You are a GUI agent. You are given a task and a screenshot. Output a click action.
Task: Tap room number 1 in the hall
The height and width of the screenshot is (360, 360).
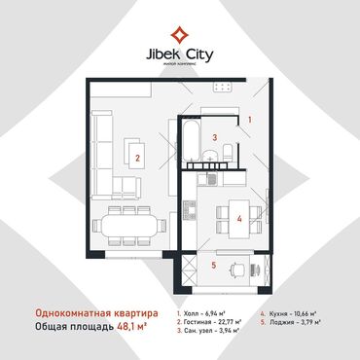249,120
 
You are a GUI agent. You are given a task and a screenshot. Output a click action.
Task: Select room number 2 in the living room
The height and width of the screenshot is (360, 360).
138,156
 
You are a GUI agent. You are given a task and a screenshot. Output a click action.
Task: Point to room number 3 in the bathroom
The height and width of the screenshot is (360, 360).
213,138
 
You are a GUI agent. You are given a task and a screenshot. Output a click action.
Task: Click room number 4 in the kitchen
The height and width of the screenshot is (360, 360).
238,219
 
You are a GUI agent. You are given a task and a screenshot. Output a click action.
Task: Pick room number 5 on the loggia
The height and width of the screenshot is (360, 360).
213,265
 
